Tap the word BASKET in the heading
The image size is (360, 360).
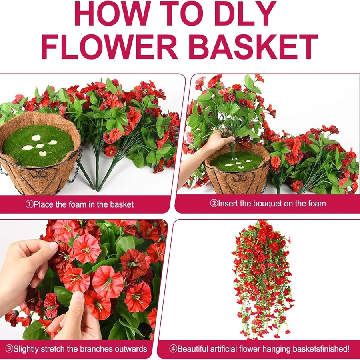[x=253, y=47]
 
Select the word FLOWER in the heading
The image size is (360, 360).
[x=109, y=47]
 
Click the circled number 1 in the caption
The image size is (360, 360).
[x=29, y=204]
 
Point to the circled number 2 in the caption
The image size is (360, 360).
[x=214, y=204]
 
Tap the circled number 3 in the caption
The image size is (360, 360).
[x=9, y=349]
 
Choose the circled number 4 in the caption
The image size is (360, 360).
[x=173, y=349]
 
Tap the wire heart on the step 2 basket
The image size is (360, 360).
[x=240, y=181]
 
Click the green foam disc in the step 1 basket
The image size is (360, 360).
[x=38, y=145]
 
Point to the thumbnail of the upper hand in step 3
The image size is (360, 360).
[x=53, y=246]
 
